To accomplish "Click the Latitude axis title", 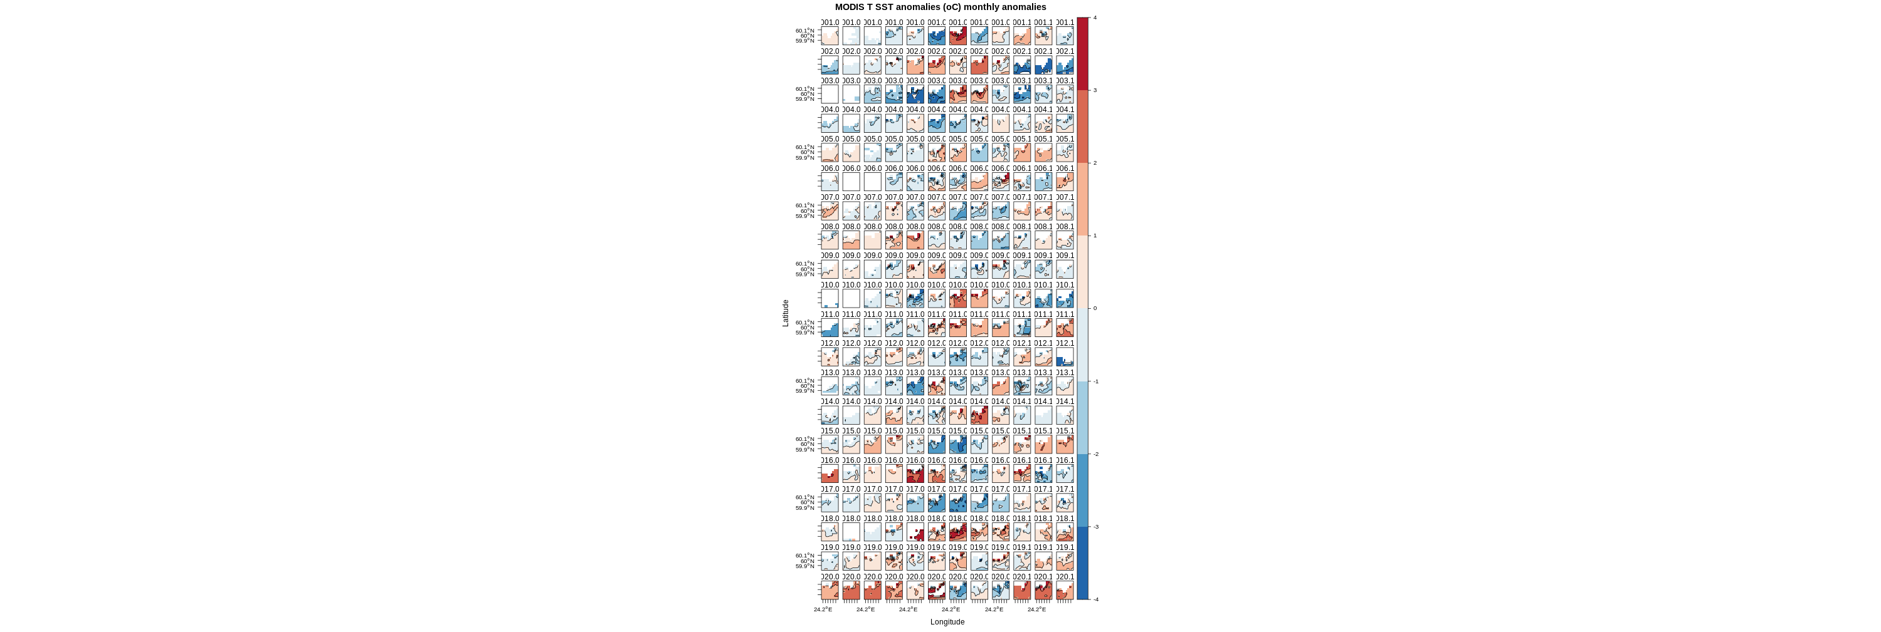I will click(x=786, y=313).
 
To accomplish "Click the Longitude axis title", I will click(x=947, y=622).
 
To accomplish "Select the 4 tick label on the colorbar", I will click(x=1095, y=18).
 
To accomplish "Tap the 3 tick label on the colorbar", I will click(x=1095, y=90).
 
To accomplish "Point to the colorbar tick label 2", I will click(x=1095, y=163).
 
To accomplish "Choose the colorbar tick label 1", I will click(x=1095, y=236).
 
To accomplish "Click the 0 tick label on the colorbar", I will click(x=1095, y=309).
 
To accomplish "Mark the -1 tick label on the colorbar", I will click(x=1095, y=381).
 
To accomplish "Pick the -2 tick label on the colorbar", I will click(x=1095, y=454).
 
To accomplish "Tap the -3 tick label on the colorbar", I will click(x=1095, y=527).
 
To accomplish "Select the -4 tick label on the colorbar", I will click(x=1095, y=599).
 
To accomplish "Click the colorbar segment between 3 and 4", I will click(x=1083, y=54).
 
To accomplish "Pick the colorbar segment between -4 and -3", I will click(x=1083, y=563).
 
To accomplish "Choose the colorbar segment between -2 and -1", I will click(x=1083, y=417).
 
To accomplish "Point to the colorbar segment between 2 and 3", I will click(x=1083, y=127).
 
